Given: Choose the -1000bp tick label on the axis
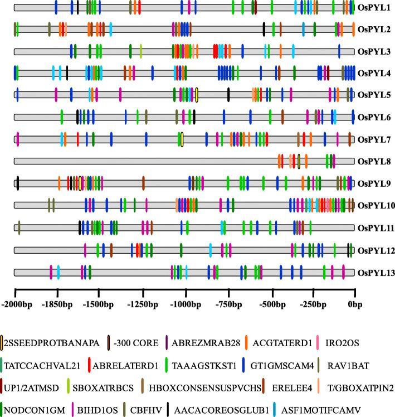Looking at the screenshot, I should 185,305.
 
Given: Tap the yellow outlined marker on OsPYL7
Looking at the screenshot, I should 182,139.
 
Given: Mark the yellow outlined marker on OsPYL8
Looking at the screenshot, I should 299,161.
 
